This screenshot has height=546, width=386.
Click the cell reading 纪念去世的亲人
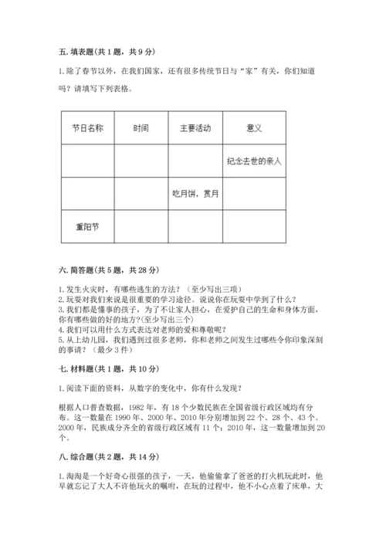point(254,161)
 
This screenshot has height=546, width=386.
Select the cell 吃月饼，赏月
point(195,194)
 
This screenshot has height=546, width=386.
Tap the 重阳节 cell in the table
point(87,227)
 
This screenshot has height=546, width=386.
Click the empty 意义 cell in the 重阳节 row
point(254,227)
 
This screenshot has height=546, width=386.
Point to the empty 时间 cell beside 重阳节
point(141,227)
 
